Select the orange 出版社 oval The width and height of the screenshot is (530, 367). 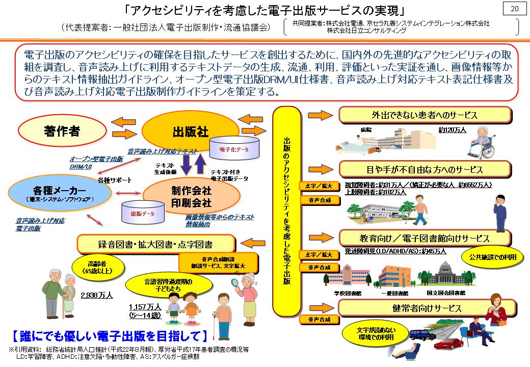(x=182, y=132)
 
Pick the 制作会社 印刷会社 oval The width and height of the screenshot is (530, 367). (x=191, y=197)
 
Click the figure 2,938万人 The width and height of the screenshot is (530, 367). (x=97, y=295)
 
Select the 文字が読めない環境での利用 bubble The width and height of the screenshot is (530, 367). (x=376, y=332)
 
